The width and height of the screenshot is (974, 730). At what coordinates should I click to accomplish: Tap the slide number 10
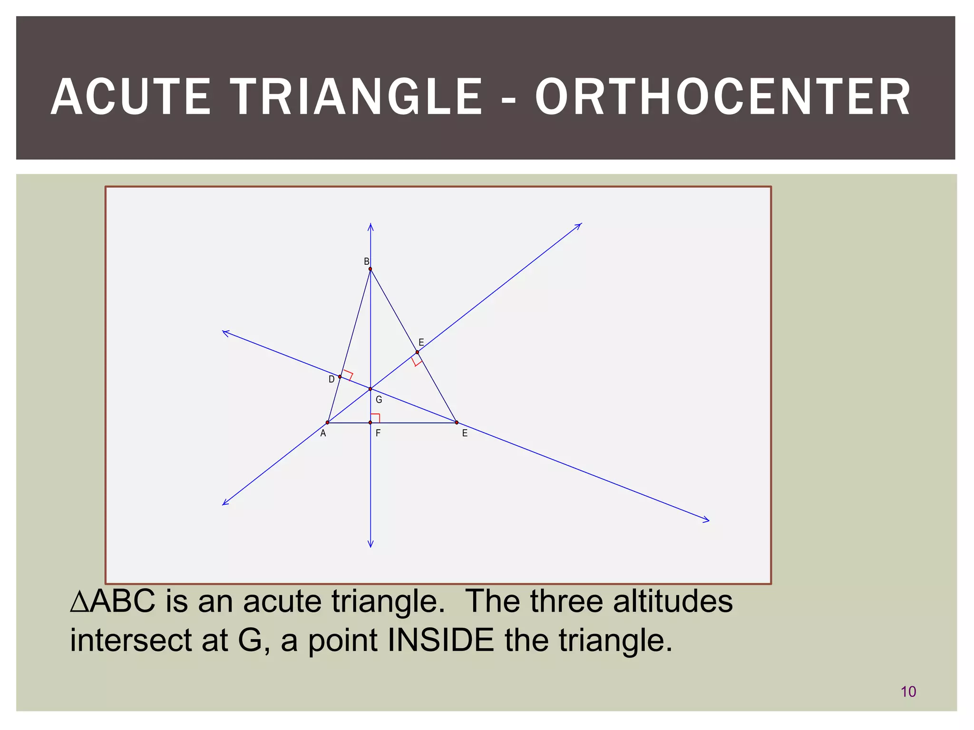point(908,692)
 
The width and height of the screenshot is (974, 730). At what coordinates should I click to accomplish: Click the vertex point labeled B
point(370,269)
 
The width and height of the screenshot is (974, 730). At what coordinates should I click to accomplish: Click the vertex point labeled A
point(327,423)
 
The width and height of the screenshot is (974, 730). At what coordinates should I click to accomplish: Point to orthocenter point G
point(370,389)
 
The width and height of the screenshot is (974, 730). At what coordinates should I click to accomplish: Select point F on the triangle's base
point(370,423)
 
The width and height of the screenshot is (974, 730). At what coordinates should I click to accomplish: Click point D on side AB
point(340,376)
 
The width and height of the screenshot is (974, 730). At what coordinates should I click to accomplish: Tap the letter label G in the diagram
point(379,400)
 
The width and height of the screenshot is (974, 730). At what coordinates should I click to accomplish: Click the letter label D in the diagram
point(331,380)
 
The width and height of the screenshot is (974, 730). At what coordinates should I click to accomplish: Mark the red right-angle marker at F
point(375,418)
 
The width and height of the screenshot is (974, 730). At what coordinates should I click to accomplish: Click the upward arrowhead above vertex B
point(370,226)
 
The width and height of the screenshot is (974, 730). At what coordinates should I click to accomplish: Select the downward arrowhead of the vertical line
point(370,544)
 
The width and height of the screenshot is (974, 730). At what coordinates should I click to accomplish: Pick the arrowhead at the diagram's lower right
point(706,520)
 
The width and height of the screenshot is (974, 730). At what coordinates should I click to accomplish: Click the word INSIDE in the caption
point(440,640)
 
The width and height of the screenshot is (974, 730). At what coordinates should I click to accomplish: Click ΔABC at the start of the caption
point(113,601)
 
